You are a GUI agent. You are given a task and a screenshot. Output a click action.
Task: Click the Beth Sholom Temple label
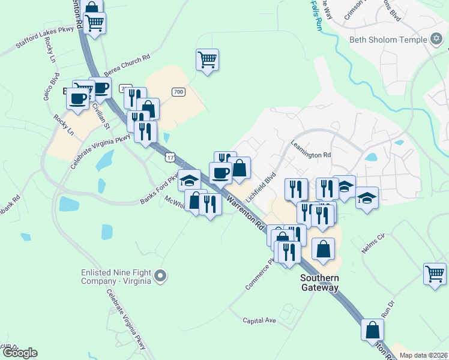click(388, 41)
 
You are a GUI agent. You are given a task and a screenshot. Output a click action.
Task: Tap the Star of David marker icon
click(437, 41)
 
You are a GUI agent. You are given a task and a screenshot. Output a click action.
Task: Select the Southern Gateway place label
click(320, 283)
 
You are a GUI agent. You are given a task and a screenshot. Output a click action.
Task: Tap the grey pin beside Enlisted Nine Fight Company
click(160, 276)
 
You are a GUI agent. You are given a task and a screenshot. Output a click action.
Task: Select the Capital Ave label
click(260, 320)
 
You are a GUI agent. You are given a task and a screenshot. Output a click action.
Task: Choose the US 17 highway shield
click(170, 157)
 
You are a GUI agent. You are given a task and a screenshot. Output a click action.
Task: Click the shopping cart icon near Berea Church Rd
click(207, 59)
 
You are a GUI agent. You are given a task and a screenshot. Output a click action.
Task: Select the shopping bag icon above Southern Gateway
click(323, 248)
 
